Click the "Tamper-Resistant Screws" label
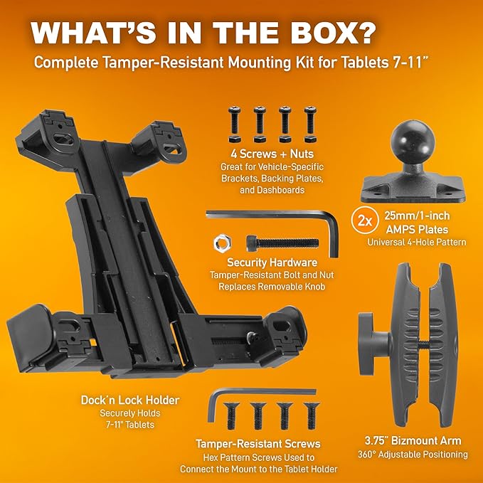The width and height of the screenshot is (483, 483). [x=258, y=444]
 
